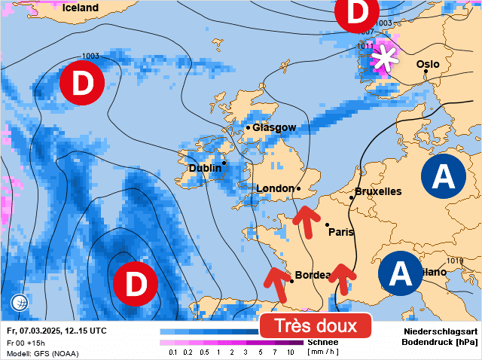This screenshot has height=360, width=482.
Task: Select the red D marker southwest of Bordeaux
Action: (x=135, y=283)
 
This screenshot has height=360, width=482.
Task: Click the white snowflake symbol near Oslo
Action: (x=386, y=58)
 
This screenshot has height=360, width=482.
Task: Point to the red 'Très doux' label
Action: (x=316, y=326)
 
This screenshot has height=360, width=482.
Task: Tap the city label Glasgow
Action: (x=274, y=127)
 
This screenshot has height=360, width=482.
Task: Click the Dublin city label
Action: (x=205, y=168)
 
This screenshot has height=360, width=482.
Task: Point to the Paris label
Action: (x=341, y=232)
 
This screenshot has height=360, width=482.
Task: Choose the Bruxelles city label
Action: (x=378, y=191)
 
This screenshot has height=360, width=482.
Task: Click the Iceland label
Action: (x=81, y=8)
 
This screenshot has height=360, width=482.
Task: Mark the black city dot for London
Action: (x=299, y=188)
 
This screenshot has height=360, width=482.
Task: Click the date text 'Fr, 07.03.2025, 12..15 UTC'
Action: (x=56, y=331)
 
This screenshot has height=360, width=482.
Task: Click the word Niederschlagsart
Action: (x=441, y=331)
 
